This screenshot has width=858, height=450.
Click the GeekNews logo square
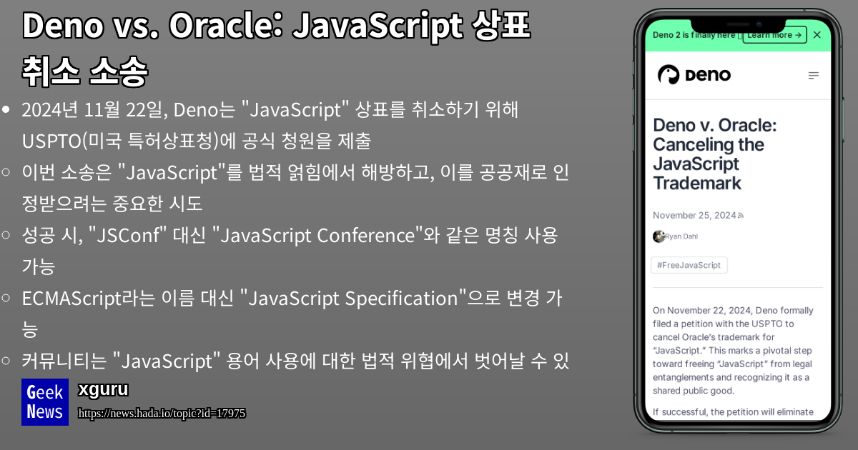44,402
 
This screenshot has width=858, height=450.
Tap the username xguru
103,390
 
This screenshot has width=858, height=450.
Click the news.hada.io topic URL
162,414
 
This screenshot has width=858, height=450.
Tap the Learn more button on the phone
774,35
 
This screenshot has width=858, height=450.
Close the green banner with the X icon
817,35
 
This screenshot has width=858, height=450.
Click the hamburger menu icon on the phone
813,76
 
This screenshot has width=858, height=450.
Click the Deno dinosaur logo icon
668,75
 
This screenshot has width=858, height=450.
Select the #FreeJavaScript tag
689,265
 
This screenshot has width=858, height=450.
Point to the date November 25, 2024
694,215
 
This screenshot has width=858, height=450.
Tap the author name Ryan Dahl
684,236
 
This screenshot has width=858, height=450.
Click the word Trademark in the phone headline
697,183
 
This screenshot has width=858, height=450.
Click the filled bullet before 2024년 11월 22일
6,110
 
